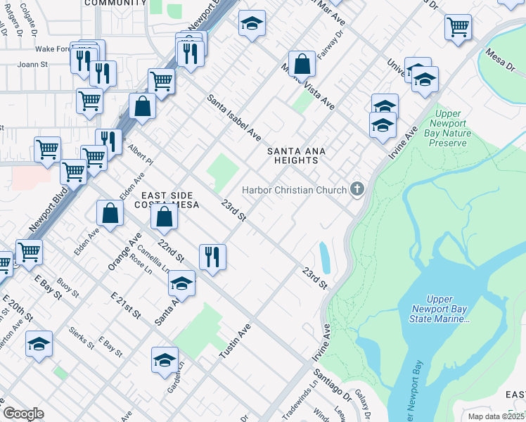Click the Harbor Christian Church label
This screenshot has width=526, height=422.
coord(294,190)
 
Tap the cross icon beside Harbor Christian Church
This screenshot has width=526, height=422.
coord(358,189)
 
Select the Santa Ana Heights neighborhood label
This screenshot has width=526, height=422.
coord(293,155)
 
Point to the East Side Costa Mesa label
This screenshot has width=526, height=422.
coord(169,200)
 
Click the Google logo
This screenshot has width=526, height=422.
coord(23,414)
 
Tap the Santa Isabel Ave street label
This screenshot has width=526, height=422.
coord(234,117)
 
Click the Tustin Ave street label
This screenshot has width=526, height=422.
coord(235,342)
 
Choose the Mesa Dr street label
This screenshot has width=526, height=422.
coord(503,58)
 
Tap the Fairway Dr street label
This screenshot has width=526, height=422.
coord(333,44)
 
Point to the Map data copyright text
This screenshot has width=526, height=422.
coord(496,416)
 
